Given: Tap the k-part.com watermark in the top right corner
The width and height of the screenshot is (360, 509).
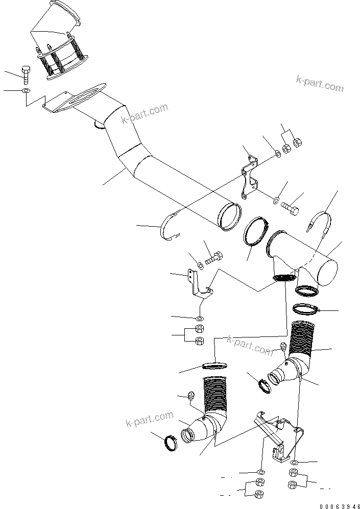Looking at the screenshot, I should (320, 84).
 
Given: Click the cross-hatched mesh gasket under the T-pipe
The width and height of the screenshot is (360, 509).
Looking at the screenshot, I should (285, 277).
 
